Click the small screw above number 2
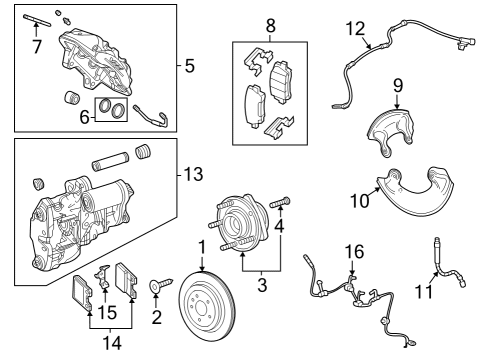157,287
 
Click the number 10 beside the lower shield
360,200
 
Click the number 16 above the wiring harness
355,250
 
